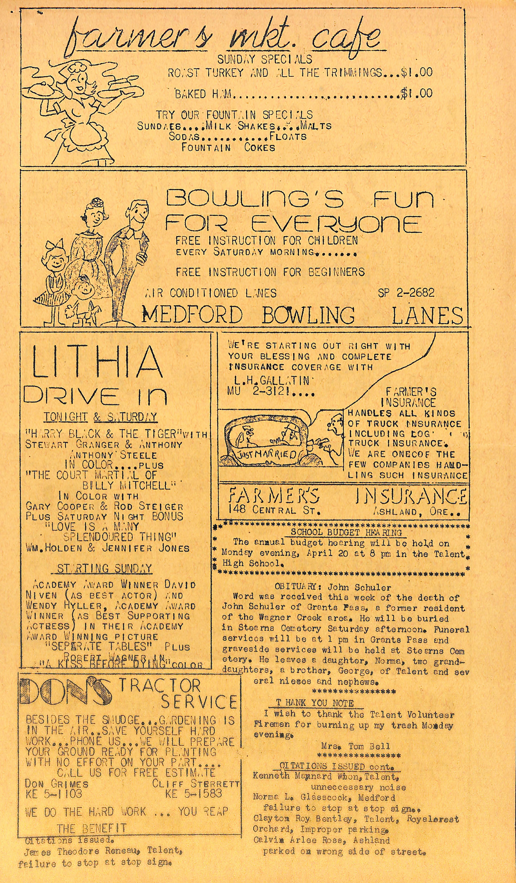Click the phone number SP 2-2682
click(x=406, y=292)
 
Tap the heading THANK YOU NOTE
click(x=314, y=702)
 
